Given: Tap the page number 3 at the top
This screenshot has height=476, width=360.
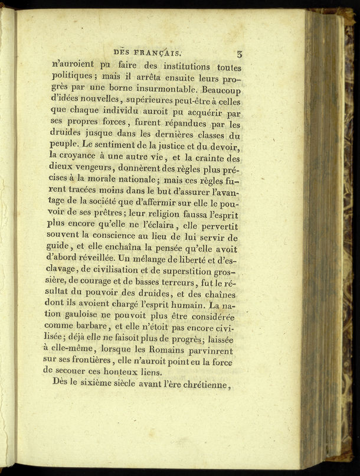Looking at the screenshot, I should (x=240, y=54).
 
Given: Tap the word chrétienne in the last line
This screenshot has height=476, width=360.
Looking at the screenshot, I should (x=199, y=386).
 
